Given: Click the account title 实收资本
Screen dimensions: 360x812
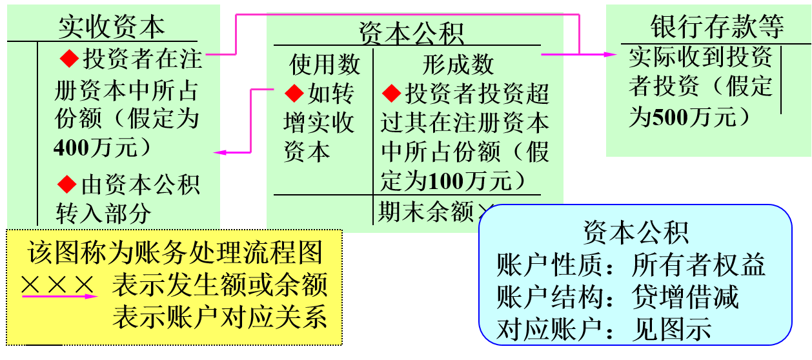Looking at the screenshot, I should [x=111, y=26].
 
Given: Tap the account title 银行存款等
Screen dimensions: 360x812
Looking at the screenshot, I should [x=717, y=26].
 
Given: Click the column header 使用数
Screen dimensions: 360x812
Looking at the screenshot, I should [x=325, y=64].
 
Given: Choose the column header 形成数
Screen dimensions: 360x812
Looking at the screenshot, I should [x=458, y=64].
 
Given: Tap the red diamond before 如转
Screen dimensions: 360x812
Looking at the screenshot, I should [x=294, y=94].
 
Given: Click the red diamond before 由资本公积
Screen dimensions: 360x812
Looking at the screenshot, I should [x=67, y=185].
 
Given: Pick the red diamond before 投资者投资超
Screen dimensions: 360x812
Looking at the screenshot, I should [x=391, y=94].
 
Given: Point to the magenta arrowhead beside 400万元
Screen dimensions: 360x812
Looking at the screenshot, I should [x=219, y=152].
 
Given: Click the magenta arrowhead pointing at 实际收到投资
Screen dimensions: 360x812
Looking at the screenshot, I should [x=612, y=55].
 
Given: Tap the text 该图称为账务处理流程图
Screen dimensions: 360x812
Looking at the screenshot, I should [x=174, y=252].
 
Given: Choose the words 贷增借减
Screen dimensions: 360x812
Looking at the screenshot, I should [x=685, y=297].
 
